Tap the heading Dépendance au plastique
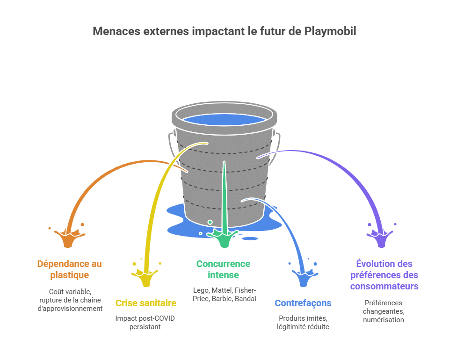pyautogui.click(x=69, y=269)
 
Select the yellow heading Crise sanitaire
pyautogui.click(x=146, y=303)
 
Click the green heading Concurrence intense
pyautogui.click(x=224, y=269)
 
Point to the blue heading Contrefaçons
pyautogui.click(x=303, y=303)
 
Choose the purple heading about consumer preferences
pyautogui.click(x=384, y=274)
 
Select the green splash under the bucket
pyautogui.click(x=224, y=239)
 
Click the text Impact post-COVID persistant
pyautogui.click(x=145, y=323)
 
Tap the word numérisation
pyautogui.click(x=384, y=320)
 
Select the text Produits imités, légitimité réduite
pyautogui.click(x=303, y=322)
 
